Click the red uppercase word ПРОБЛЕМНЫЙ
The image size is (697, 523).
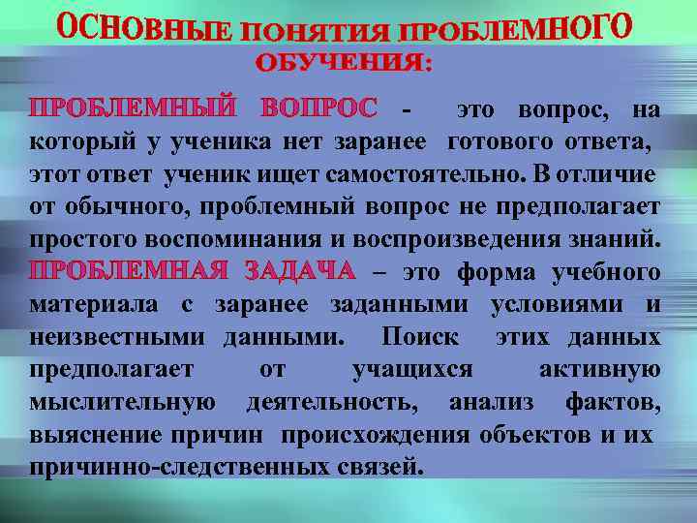pos(134,108)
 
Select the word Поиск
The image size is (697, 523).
pos(417,337)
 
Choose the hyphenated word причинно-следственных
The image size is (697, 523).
pos(175,466)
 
